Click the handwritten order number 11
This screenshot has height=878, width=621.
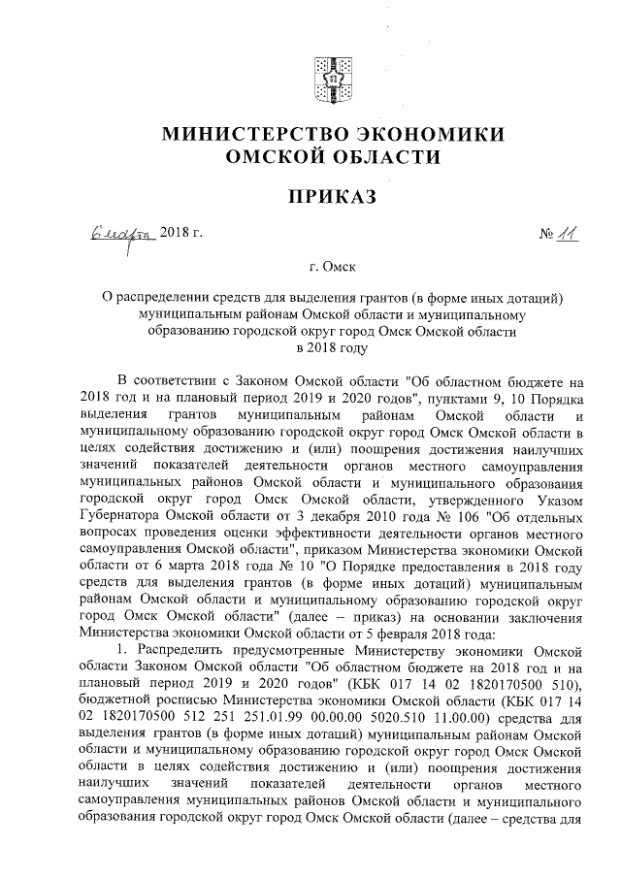pyautogui.click(x=565, y=234)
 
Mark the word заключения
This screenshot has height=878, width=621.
pyautogui.click(x=542, y=611)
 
